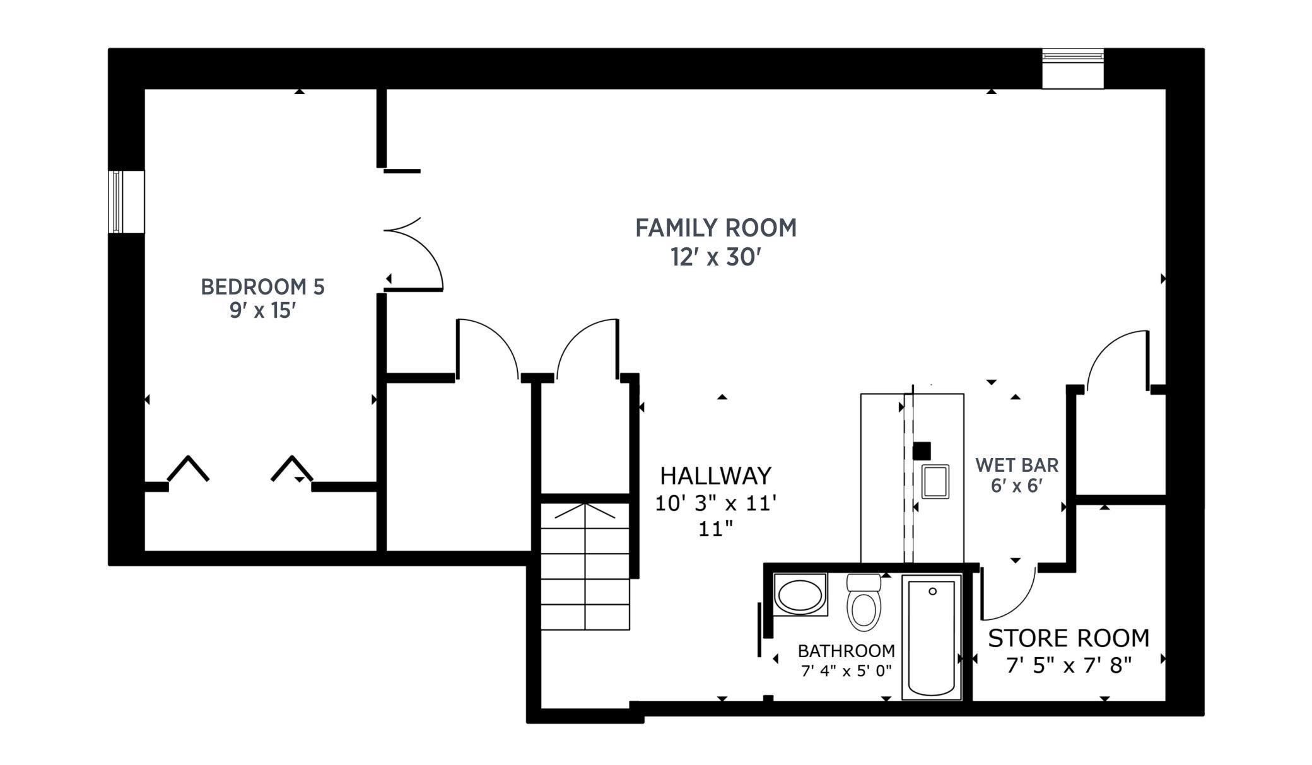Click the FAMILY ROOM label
click(x=715, y=228)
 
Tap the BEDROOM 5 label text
click(x=262, y=287)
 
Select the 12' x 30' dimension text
click(x=715, y=257)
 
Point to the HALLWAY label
click(x=715, y=475)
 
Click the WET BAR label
click(x=1016, y=465)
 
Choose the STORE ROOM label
click(x=1068, y=638)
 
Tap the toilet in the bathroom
click(x=863, y=604)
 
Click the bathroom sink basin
click(x=800, y=595)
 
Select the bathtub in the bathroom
click(x=931, y=637)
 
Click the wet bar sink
click(x=935, y=482)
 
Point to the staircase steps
click(x=585, y=568)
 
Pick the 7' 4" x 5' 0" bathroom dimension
click(x=846, y=670)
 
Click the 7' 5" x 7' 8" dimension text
click(x=1068, y=665)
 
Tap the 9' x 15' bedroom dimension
click(x=262, y=310)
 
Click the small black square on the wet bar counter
click(x=922, y=451)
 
